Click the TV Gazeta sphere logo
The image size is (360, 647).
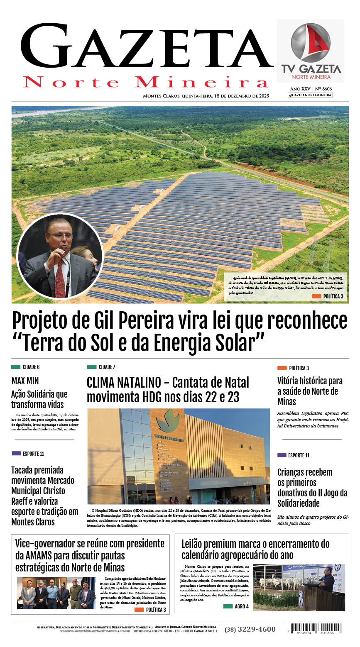coord(310,42)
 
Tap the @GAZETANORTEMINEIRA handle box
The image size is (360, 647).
coord(310,95)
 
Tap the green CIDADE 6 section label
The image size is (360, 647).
coord(25,367)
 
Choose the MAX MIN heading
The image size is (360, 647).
coord(25,381)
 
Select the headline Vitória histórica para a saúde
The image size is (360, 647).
coord(310,391)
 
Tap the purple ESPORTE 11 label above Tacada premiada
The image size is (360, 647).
coord(28,454)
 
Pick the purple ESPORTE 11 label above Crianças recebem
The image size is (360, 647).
coord(294,455)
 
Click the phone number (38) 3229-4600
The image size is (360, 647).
coord(250,629)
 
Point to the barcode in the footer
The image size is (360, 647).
coord(316,628)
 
